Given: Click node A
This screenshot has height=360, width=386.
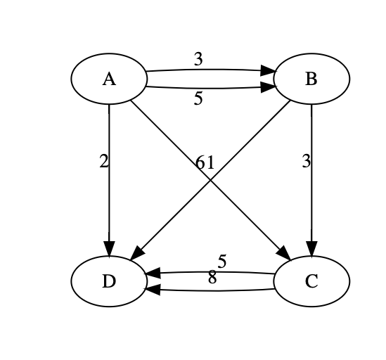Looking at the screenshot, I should [108, 78].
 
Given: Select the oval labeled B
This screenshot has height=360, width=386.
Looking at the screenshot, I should [311, 78].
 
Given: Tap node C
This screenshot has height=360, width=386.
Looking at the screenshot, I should [311, 281].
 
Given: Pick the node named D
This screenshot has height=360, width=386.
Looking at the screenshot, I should [108, 281].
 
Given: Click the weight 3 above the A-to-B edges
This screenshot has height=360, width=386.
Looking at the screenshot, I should [198, 60].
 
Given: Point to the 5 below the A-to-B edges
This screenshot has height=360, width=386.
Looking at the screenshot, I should [198, 99].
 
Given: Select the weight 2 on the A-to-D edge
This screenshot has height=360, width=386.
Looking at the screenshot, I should [104, 162].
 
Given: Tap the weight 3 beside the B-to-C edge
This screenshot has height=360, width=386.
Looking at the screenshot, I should [306, 162].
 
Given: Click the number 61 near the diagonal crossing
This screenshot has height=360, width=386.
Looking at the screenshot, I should [205, 163].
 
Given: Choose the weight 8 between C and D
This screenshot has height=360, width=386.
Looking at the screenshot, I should [212, 278].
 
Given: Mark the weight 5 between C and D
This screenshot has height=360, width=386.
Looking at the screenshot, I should [221, 262].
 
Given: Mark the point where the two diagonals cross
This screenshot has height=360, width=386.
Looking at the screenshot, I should [210, 179].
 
